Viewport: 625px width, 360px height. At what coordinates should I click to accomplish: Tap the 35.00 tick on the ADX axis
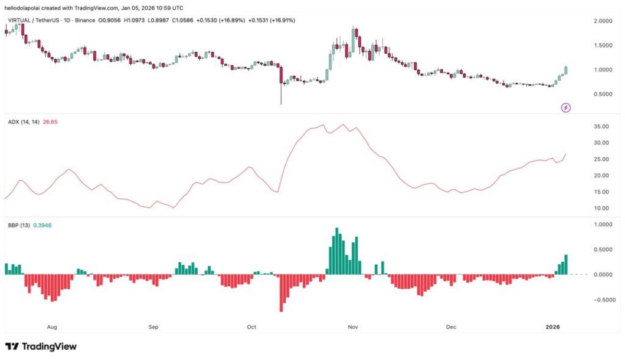pos(601,127)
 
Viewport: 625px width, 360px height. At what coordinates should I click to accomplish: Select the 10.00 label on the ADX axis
pos(601,208)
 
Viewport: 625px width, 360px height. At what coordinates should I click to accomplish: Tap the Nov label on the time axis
pos(352,327)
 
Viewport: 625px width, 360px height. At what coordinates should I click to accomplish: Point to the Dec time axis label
pos(451,327)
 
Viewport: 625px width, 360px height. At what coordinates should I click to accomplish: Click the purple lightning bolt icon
pos(566,108)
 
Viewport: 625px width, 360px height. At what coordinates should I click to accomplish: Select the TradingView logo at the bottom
pos(42,347)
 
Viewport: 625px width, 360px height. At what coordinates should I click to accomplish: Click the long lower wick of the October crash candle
pos(281,95)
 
